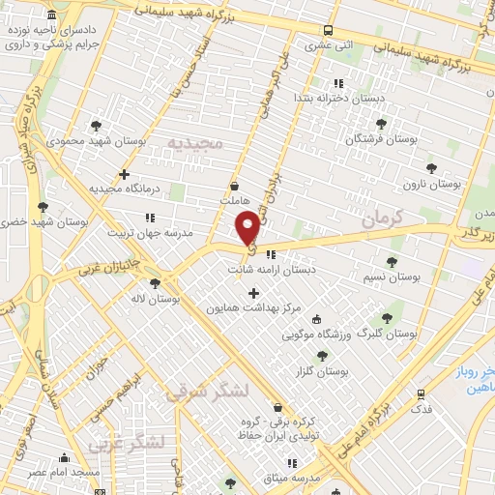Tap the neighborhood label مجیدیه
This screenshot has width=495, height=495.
coord(195,143)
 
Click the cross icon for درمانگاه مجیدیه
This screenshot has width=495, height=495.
coord(123,175)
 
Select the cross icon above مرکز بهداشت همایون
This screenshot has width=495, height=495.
coord(253,293)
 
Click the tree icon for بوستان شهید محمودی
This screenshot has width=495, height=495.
coord(95,126)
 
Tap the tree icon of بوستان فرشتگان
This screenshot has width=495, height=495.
coord(380,124)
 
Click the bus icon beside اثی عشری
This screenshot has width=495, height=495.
coord(329,30)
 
